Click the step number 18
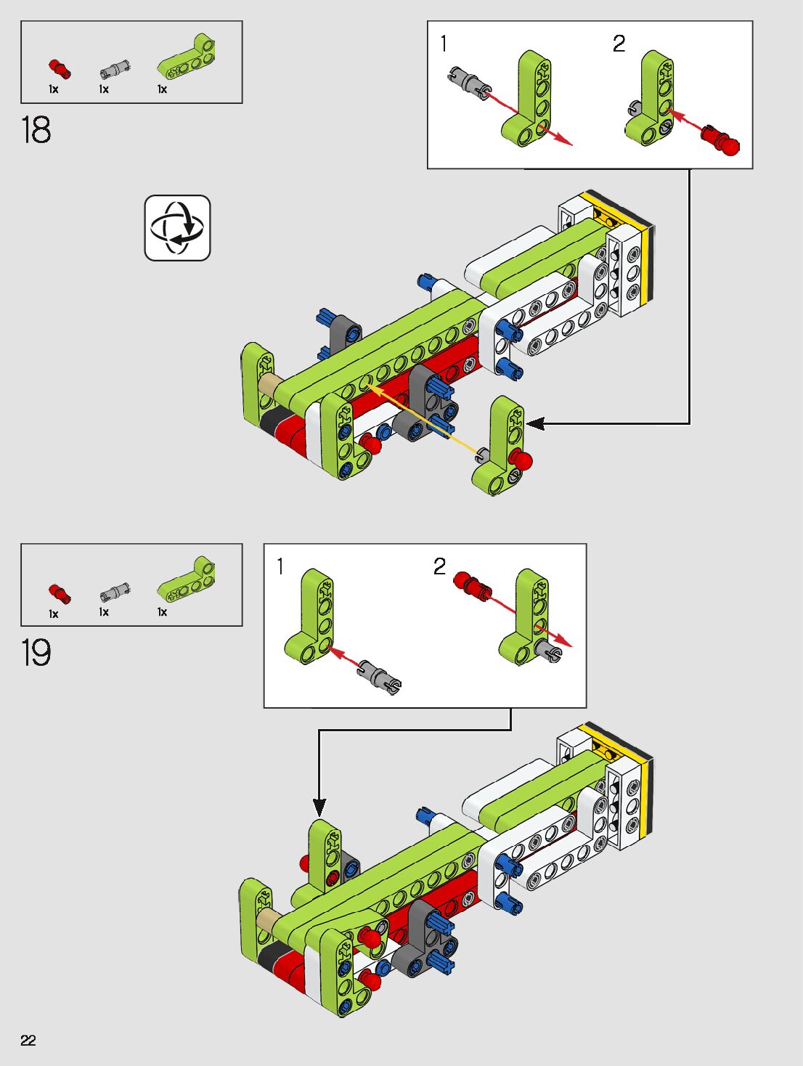(36, 131)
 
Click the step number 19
(36, 653)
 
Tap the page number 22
(28, 1040)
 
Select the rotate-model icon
(177, 227)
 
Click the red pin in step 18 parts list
(60, 69)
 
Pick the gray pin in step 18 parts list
(114, 70)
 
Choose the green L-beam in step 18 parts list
(187, 59)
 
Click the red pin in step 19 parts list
(60, 593)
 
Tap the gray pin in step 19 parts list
(114, 593)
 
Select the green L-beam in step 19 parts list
(187, 581)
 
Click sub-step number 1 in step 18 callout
(444, 44)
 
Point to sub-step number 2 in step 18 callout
(619, 44)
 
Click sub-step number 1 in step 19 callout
(280, 566)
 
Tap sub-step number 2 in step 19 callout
(440, 566)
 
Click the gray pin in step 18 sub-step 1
(468, 80)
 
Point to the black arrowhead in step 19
(319, 807)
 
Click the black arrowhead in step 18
(536, 423)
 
